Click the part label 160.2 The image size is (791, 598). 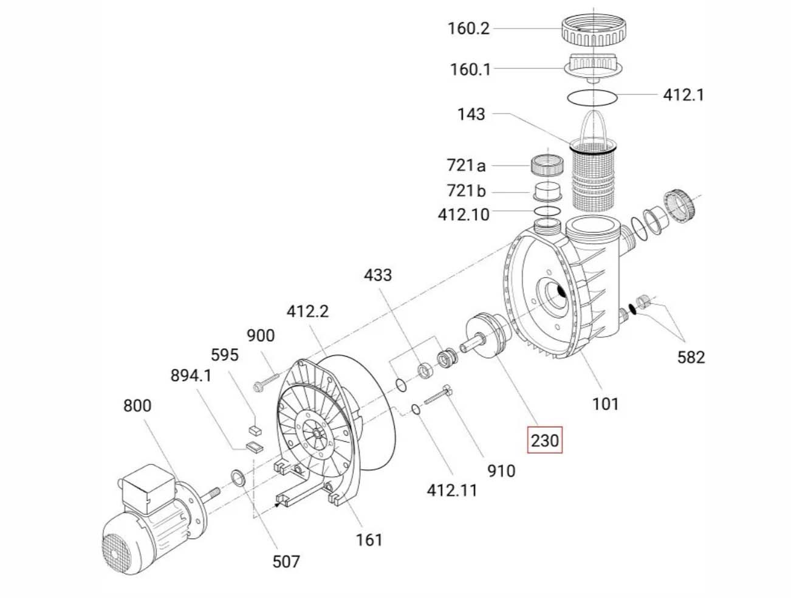click(468, 29)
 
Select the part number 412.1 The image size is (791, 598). click(683, 95)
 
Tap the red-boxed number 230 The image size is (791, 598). click(544, 439)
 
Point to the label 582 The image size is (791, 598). click(691, 357)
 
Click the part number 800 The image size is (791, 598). click(137, 405)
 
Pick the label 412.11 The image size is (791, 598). click(452, 490)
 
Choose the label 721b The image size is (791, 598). click(466, 191)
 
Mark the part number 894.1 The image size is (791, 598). click(191, 376)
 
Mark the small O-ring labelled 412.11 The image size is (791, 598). click(415, 409)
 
